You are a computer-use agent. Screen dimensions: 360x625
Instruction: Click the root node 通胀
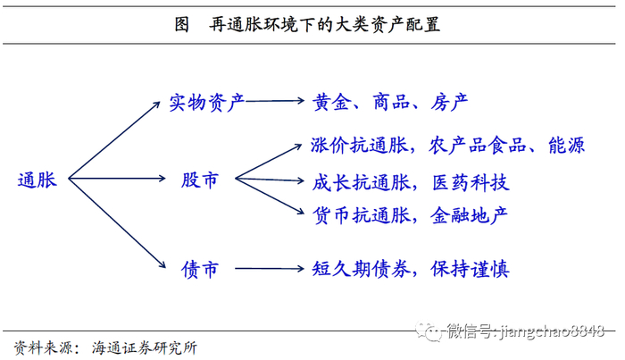(x=37, y=180)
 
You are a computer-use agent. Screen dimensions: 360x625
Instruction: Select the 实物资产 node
(x=206, y=102)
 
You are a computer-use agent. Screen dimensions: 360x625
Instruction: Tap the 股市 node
(x=199, y=180)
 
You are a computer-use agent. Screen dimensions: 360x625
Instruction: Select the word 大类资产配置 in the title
(x=385, y=23)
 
